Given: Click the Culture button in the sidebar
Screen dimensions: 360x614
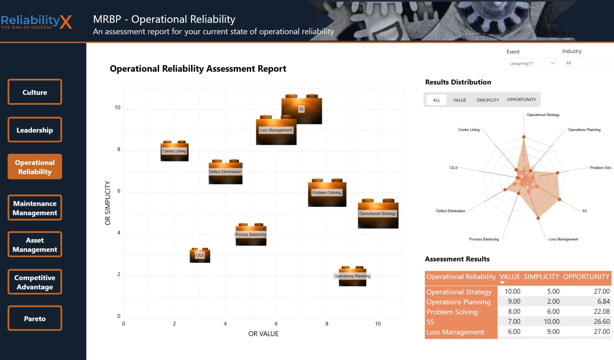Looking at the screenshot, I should pos(35,92).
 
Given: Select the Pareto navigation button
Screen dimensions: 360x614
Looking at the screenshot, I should pos(35,318).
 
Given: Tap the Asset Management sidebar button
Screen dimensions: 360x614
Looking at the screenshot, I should pos(35,245).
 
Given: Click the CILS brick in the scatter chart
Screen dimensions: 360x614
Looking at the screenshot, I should pos(200,255).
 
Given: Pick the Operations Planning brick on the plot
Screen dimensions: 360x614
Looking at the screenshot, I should pos(352,276).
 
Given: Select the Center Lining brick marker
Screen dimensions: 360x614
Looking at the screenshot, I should pos(175,151).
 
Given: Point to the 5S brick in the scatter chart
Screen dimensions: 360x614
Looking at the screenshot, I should pos(302,109).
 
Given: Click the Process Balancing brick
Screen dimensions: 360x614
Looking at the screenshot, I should pos(251,235).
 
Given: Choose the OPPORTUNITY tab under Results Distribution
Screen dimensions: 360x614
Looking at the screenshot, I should pos(521,100).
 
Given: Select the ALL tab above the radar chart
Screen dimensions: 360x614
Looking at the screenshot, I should pos(437,100).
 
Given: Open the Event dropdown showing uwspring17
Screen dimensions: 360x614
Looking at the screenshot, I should pos(532,63).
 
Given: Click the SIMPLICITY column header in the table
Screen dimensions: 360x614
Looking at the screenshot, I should pos(541,277).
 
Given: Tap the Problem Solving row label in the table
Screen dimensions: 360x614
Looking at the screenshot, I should pos(452,312).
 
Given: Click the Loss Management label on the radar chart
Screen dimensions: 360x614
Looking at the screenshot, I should pos(563,239).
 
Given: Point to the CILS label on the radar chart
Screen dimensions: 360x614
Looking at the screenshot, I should pos(453,168).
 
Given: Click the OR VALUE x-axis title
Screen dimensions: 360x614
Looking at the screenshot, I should pos(263,334).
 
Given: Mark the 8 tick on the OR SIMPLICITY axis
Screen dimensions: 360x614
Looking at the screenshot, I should pos(119,149).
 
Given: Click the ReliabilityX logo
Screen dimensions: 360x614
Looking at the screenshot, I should pos(36,22).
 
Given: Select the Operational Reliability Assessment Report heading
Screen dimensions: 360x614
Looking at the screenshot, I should pos(198,69).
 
